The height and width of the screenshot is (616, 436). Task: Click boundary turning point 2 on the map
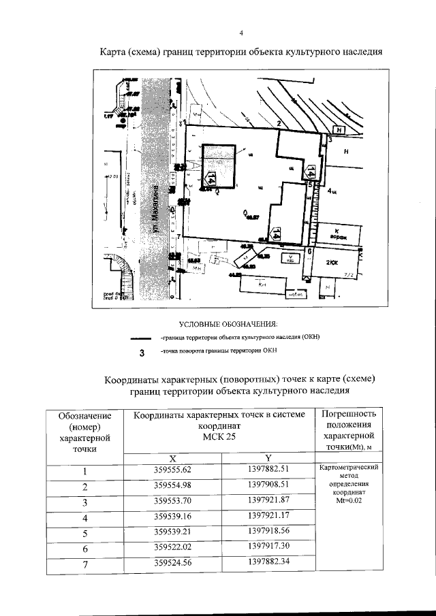(279, 123)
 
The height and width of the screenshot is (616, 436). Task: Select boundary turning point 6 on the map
(310, 251)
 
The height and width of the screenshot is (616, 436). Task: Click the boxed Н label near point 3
(340, 129)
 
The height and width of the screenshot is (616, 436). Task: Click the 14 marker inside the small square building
(212, 178)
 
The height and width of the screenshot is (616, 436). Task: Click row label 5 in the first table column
(85, 533)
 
